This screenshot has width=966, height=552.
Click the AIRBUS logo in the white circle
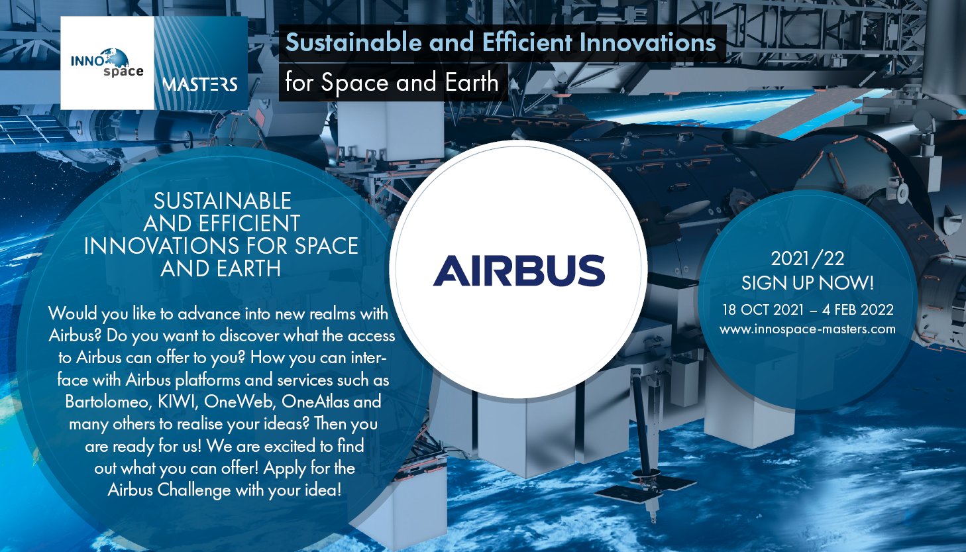point(519,270)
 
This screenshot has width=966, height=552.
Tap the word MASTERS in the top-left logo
point(200,84)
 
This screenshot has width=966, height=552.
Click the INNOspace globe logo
point(107,63)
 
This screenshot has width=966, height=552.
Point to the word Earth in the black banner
point(472,82)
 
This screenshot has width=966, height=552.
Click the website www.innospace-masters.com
point(807,329)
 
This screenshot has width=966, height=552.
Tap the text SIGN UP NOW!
point(807,283)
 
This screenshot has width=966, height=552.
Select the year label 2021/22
point(807,258)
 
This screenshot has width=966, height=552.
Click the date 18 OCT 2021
point(763,309)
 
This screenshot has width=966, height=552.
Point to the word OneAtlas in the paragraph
point(315,402)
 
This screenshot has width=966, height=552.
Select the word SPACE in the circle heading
point(327,246)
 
